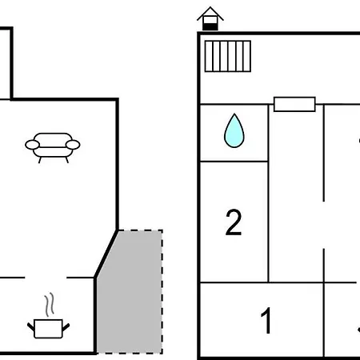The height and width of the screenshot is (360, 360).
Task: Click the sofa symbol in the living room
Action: pyautogui.click(x=53, y=147)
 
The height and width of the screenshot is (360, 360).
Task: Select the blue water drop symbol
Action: pyautogui.click(x=234, y=130)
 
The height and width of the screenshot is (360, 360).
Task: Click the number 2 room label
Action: pyautogui.click(x=234, y=222)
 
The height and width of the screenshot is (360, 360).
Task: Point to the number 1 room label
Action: pyautogui.click(x=266, y=320)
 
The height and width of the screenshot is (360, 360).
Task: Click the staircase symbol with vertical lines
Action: pyautogui.click(x=228, y=56)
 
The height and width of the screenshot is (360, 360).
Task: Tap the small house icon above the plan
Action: pyautogui.click(x=210, y=18)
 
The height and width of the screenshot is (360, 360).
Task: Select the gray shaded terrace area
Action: pyautogui.click(x=130, y=292)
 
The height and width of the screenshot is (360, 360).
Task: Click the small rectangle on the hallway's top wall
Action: pyautogui.click(x=294, y=104)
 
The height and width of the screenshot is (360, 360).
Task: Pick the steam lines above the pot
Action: pyautogui.click(x=50, y=305)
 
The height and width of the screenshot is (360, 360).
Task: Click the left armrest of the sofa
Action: pyautogui.click(x=32, y=145)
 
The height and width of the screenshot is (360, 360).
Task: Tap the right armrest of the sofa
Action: pyautogui.click(x=73, y=145)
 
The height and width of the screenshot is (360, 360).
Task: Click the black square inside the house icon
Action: pyautogui.click(x=210, y=26)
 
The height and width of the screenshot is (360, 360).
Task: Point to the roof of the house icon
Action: pyautogui.click(x=210, y=14)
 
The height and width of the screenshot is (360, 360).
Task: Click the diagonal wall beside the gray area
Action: pyautogui.click(x=106, y=254)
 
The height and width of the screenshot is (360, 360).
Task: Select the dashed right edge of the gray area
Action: pyautogui.click(x=162, y=292)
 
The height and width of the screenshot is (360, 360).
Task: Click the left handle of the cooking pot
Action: pyautogui.click(x=31, y=327)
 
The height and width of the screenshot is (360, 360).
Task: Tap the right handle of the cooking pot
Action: pyautogui.click(x=66, y=327)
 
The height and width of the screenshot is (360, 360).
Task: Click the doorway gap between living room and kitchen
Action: pyautogui.click(x=46, y=278)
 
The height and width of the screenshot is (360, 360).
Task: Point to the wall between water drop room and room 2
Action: pyautogui.click(x=234, y=161)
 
